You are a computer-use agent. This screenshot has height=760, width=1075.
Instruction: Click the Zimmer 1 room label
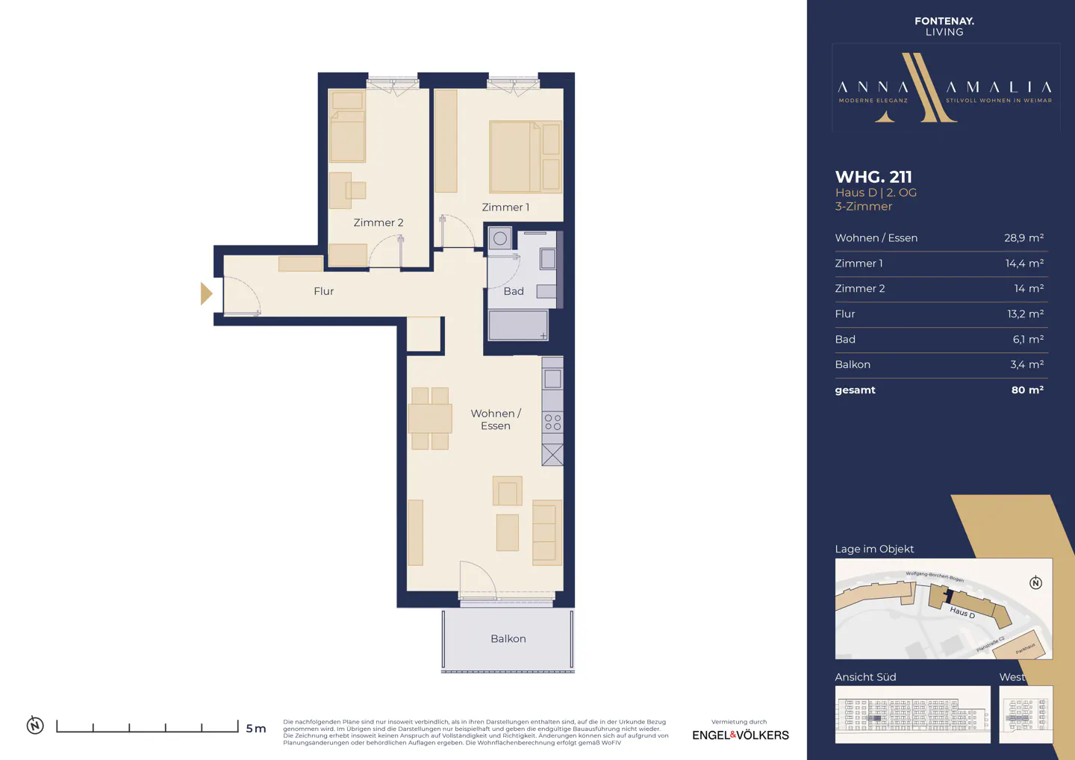[505, 208]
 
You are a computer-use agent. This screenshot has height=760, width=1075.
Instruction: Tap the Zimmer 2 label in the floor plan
[378, 222]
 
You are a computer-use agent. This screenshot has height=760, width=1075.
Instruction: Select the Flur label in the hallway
[323, 291]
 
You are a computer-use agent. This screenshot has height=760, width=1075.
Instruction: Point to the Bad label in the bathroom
[514, 291]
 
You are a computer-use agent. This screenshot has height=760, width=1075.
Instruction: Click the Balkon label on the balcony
[508, 639]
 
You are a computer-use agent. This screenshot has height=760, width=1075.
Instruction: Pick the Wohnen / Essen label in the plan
[496, 420]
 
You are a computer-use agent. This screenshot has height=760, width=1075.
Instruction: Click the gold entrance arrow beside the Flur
[206, 293]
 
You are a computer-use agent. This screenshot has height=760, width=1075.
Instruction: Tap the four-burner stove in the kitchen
[552, 422]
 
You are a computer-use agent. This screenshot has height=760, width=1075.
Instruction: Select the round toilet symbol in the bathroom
[500, 239]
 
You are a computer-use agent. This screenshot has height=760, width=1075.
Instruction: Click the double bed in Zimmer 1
[515, 158]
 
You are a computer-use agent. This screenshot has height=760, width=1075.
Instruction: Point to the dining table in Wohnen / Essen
[430, 418]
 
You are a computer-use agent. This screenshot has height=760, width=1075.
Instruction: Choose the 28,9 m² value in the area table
[1023, 238]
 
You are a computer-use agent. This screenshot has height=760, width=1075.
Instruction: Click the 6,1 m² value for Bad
[1028, 340]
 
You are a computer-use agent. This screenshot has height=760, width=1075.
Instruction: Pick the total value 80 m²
[1027, 390]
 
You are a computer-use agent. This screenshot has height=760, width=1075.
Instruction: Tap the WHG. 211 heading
[873, 177]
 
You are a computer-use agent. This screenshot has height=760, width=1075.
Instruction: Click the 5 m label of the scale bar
[256, 729]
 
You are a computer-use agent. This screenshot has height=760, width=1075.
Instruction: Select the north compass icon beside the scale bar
[35, 725]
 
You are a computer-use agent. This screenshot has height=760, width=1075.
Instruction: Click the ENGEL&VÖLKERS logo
[740, 735]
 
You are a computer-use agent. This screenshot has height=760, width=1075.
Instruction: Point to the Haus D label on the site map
[962, 613]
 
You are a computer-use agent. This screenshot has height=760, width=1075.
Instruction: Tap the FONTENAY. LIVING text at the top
[944, 26]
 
